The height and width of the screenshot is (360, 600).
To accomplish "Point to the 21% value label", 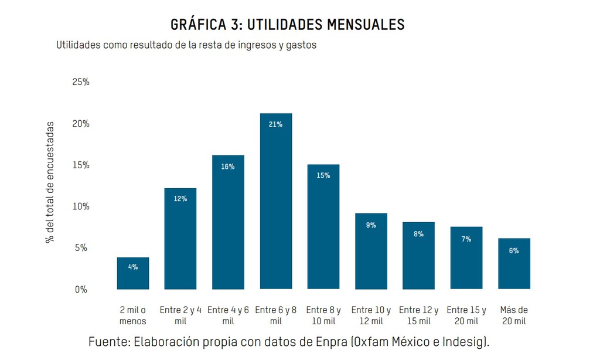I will [x=276, y=124].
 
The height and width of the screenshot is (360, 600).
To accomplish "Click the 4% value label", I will [x=133, y=267].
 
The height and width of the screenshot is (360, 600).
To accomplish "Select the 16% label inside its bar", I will [x=228, y=167].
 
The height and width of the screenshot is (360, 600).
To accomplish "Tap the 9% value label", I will [x=371, y=225].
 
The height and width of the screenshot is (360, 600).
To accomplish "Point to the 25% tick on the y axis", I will [x=81, y=82].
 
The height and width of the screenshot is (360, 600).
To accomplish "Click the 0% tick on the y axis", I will [x=81, y=290].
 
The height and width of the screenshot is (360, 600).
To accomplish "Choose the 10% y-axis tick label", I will [x=81, y=206].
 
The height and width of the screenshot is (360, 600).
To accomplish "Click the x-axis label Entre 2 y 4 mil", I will [x=180, y=315].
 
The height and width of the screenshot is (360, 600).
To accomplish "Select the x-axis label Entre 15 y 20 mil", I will [x=466, y=315].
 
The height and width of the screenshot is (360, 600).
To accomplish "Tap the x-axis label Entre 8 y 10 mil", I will [x=323, y=315].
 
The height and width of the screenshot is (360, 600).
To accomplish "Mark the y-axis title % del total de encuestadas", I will [x=50, y=182].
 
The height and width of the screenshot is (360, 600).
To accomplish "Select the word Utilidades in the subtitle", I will [x=79, y=45].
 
